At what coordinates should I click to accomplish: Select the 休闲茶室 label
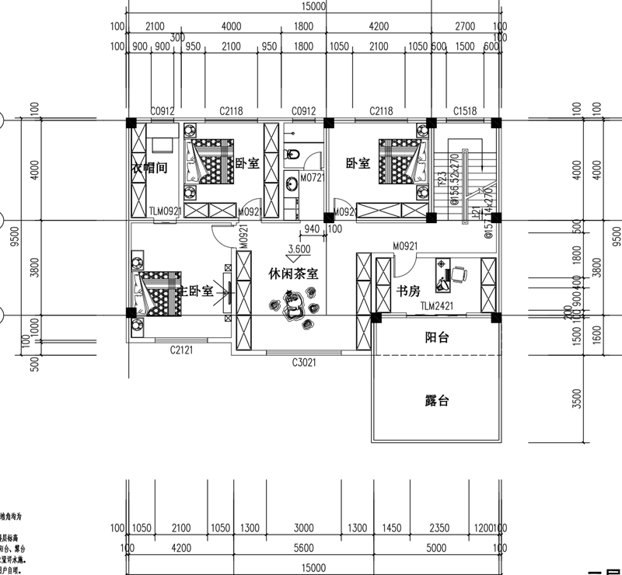click(x=292, y=274)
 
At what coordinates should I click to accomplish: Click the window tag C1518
click(x=464, y=111)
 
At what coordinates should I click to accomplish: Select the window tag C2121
click(x=182, y=350)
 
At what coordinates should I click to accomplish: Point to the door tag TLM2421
click(x=436, y=307)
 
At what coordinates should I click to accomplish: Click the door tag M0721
click(x=313, y=179)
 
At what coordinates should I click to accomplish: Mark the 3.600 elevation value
click(x=299, y=249)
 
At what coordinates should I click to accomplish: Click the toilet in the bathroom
click(x=295, y=153)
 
